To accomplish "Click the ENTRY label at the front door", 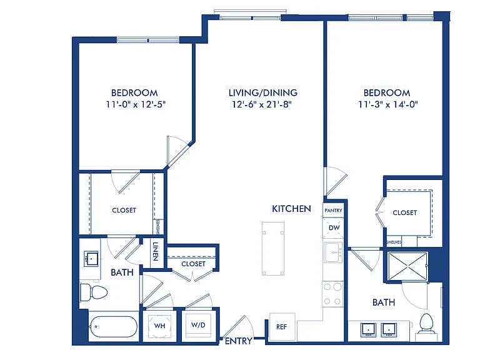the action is pyautogui.click(x=239, y=341).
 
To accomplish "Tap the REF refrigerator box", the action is pyautogui.click(x=282, y=327).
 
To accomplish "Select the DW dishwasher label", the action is pyautogui.click(x=334, y=227).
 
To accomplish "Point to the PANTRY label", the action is pyautogui.click(x=333, y=210).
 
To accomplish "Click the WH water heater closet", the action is pyautogui.click(x=159, y=326).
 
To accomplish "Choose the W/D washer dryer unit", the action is pyautogui.click(x=198, y=325).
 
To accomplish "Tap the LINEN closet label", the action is pyautogui.click(x=156, y=251).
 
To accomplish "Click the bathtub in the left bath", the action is pyautogui.click(x=114, y=327).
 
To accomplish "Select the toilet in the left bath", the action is pyautogui.click(x=93, y=292).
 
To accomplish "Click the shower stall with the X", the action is pyautogui.click(x=407, y=266).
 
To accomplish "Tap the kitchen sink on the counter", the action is pyautogui.click(x=333, y=252).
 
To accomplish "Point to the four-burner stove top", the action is pyautogui.click(x=332, y=294).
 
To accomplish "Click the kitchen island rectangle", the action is pyautogui.click(x=273, y=249).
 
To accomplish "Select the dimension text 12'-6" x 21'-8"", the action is pyautogui.click(x=262, y=104).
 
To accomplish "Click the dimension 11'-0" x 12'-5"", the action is pyautogui.click(x=136, y=104).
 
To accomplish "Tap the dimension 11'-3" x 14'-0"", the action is pyautogui.click(x=388, y=104).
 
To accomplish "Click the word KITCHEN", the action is pyautogui.click(x=291, y=209).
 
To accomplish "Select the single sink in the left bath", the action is pyautogui.click(x=91, y=259).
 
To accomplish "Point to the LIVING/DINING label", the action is pyautogui.click(x=263, y=92).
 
